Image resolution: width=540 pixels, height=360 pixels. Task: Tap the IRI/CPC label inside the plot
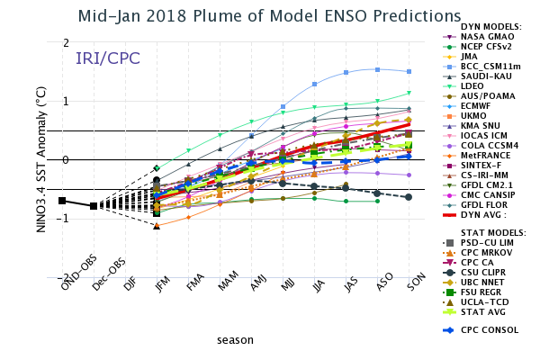pos(107,59)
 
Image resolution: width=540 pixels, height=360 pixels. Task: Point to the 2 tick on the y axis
pos(66,43)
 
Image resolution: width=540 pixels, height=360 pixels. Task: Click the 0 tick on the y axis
pos(66,160)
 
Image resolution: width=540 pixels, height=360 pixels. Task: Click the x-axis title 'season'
pos(235,340)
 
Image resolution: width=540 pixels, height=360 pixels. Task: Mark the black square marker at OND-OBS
pos(62,201)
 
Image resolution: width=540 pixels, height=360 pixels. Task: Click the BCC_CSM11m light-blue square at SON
pos(409,71)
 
